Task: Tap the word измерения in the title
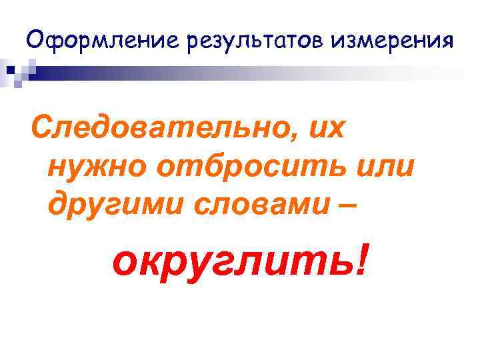point(394,41)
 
